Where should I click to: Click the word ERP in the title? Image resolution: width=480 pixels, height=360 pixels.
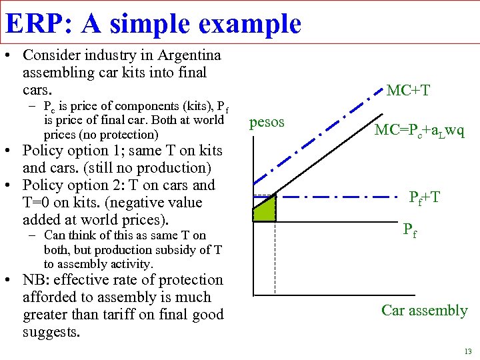(34, 23)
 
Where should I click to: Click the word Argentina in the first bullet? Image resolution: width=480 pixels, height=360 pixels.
(183, 55)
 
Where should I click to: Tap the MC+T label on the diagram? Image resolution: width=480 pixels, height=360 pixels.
(408, 89)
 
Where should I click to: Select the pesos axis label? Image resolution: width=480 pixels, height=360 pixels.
(267, 122)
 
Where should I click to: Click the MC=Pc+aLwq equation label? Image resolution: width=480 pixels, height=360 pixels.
(419, 130)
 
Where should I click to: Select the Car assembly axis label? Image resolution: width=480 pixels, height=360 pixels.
(424, 310)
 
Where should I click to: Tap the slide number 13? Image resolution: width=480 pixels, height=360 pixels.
(467, 351)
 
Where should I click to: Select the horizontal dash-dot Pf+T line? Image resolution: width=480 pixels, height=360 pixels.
(333, 197)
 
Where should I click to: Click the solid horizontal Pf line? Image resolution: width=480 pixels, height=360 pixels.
(333, 221)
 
